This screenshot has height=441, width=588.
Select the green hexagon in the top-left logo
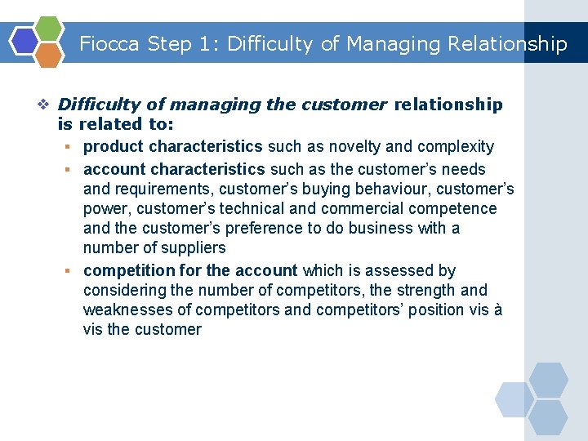click(49, 29)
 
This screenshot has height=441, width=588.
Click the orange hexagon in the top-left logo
click(49, 55)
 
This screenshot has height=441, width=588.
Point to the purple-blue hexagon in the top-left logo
click(24, 41)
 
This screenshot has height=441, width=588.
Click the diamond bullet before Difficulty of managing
click(45, 105)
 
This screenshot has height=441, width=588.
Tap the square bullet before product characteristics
click(72, 147)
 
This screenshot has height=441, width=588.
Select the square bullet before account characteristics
click(72, 170)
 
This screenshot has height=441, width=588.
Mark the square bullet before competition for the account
click(72, 271)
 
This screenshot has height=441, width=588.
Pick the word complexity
click(456, 147)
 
